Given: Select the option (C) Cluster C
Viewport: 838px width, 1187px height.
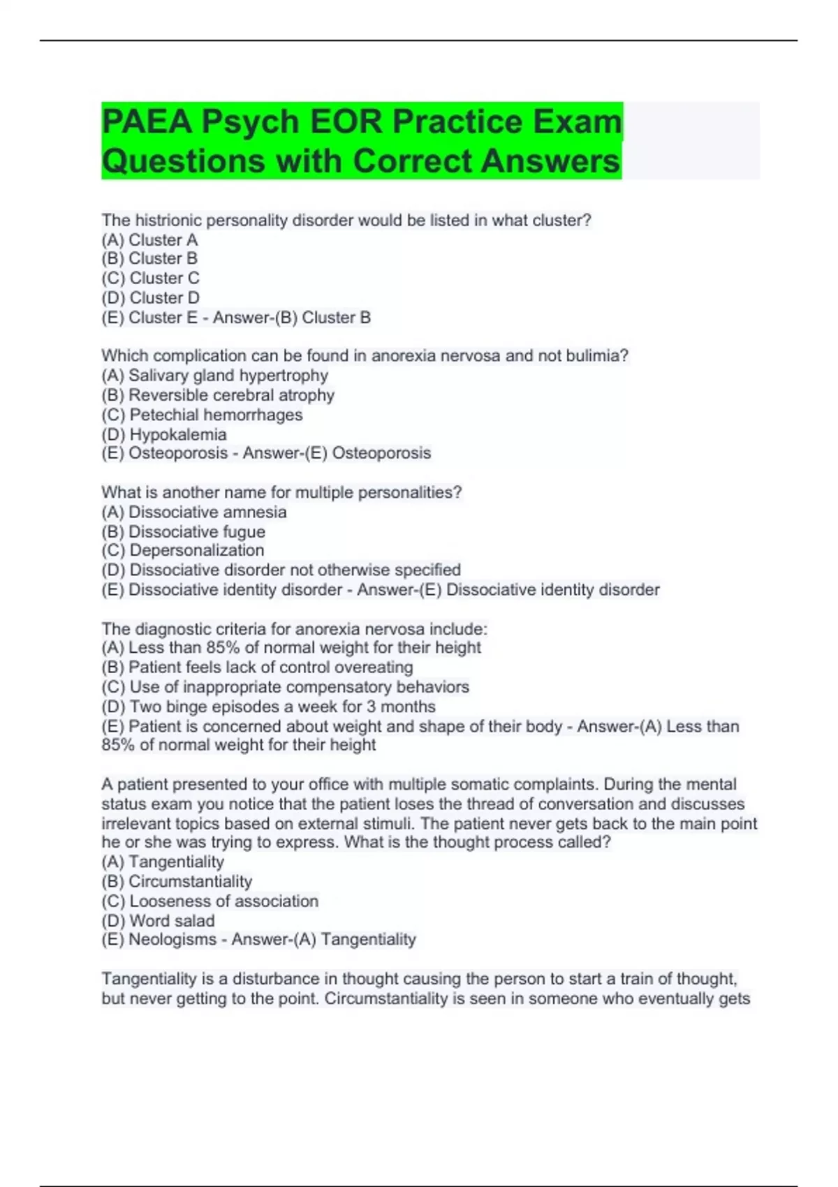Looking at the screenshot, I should tap(150, 278).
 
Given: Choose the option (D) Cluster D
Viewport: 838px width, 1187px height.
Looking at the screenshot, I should tap(150, 297).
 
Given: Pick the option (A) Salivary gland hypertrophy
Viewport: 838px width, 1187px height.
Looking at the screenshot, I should tap(214, 376).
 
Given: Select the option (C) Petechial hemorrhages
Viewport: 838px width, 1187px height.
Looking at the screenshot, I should tap(202, 415).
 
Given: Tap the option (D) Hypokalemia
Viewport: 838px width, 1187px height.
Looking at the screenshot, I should tap(164, 434).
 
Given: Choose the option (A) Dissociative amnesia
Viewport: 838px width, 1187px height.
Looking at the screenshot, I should tap(193, 512).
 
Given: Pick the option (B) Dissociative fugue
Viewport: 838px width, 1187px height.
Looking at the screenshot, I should tap(183, 531).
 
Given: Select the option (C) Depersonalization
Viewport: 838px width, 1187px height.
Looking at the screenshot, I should tap(183, 550).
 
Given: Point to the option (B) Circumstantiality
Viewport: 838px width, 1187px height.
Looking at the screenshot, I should tap(177, 881).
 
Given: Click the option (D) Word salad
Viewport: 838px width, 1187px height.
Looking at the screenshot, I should tap(158, 920).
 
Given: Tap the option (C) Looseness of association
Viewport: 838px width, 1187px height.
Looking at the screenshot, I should tap(209, 901).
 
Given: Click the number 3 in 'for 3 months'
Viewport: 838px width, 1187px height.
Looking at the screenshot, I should tap(371, 707).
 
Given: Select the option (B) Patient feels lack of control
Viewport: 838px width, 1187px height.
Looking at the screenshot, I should tap(257, 667).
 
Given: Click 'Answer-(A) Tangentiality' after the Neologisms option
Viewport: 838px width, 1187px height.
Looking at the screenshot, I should tap(323, 940).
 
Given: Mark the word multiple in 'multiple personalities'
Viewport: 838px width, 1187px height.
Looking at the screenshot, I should tap(324, 493).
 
